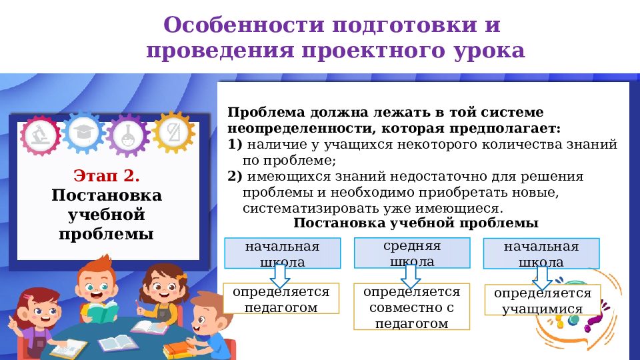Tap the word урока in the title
[x=491, y=51]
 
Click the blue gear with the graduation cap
[x=84, y=131]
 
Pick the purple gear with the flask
[x=127, y=135]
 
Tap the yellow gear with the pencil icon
[x=173, y=131]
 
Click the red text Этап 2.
[x=107, y=176]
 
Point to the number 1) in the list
[x=235, y=144]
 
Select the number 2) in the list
[x=235, y=177]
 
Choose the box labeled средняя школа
[x=412, y=253]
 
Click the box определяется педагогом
[x=281, y=299]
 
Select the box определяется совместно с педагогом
[x=411, y=307]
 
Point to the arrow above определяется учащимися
[x=542, y=277]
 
